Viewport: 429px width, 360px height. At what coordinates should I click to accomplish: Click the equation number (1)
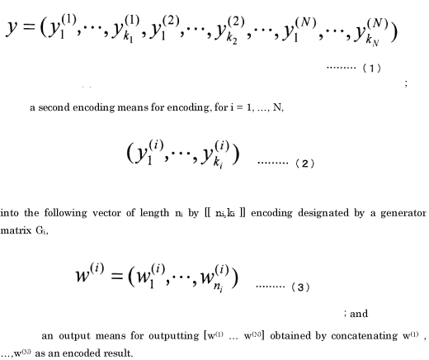coord(372,68)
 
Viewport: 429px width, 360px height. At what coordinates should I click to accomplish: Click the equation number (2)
coord(304,163)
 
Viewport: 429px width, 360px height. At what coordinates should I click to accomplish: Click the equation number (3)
coord(300,287)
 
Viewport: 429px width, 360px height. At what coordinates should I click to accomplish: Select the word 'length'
coord(154,213)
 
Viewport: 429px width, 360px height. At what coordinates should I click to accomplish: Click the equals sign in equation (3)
coord(116,276)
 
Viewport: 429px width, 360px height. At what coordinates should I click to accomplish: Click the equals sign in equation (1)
coord(29,26)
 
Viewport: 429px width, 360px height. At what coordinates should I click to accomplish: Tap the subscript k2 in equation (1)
coord(232,39)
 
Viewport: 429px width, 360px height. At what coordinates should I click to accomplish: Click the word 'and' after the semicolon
coord(359,314)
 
